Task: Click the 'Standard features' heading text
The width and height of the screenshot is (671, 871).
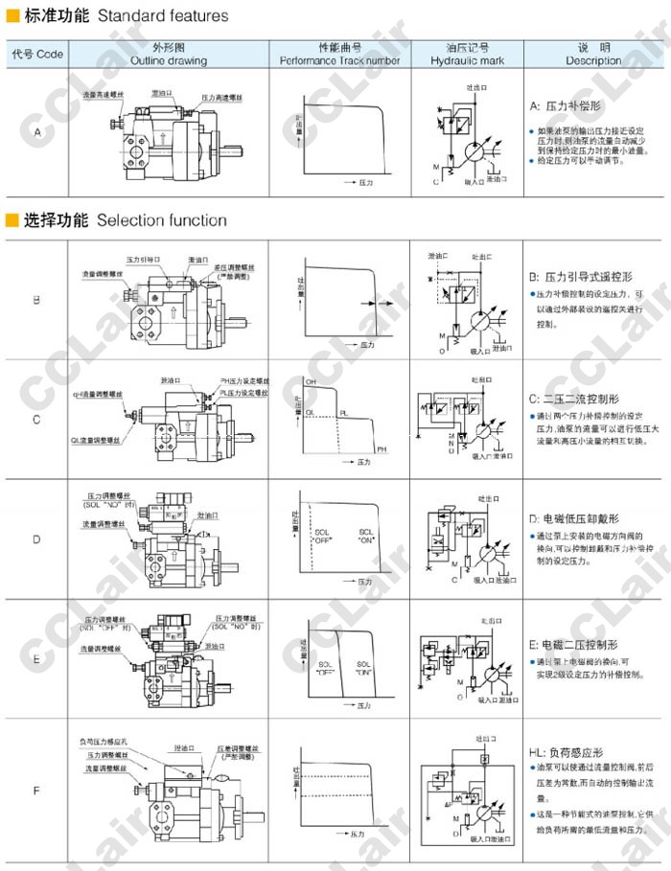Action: point(163,15)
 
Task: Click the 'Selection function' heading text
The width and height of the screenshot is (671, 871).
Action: point(162,220)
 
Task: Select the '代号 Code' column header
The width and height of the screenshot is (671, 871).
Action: point(37,54)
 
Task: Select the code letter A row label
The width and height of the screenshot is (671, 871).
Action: point(37,132)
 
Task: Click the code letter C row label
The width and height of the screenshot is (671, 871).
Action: point(36,420)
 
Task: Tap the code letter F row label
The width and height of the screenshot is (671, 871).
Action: point(36,791)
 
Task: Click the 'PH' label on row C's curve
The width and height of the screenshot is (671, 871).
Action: point(381,449)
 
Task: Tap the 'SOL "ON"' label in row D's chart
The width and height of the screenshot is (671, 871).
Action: point(366,537)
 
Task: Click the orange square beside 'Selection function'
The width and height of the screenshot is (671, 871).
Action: point(12,220)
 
